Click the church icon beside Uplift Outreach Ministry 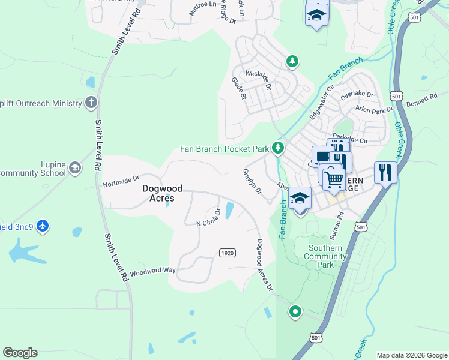coord(91,103)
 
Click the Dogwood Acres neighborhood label coord(158,193)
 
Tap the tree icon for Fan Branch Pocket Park coord(277,147)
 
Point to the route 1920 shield coord(227,253)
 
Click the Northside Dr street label coord(121,178)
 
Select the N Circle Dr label coord(200,219)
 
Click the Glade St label coord(239,88)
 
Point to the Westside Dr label coord(258,81)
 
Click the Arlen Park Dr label coord(374,109)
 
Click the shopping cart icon coord(334,178)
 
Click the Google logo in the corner coord(20,353)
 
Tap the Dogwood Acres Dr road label coord(264,265)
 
